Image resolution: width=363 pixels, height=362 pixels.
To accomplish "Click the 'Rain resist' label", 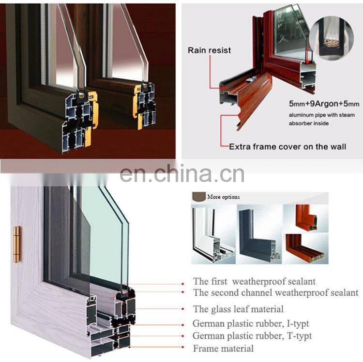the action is click(209, 50).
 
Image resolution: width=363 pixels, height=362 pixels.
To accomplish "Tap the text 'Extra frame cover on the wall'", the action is click(287, 147).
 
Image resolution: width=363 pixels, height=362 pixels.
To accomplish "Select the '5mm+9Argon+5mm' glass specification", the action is click(324, 104).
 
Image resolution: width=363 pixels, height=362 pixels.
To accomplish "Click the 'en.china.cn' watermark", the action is click(182, 174).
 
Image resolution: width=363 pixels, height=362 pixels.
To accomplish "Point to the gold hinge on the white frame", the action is click(16, 245).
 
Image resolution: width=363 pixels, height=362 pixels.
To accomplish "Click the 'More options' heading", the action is click(224, 197).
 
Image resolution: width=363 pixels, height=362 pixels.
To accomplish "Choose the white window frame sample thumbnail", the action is click(213, 234).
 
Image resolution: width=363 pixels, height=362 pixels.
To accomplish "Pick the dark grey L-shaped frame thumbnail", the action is click(259, 234).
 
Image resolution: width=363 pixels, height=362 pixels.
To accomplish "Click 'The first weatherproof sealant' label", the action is click(254, 282).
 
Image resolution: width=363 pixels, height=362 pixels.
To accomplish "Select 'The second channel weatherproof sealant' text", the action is click(276, 293).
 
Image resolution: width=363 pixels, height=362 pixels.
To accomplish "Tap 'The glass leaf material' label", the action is click(238, 309).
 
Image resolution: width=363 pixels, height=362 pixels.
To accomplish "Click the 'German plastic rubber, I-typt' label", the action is click(251, 324).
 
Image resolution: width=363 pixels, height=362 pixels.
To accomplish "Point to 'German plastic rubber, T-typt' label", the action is click(252, 336).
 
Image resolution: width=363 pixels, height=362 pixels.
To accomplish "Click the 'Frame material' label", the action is click(223, 348).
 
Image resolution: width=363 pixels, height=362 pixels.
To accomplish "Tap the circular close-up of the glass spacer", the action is click(332, 38).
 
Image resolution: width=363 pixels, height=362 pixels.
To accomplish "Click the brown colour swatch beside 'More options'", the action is click(199, 196).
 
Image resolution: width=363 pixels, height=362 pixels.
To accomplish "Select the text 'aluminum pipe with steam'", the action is click(322, 115).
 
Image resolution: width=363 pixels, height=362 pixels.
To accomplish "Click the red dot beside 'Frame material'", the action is click(183, 347).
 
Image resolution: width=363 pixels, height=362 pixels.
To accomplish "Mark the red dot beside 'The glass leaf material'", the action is click(183, 309).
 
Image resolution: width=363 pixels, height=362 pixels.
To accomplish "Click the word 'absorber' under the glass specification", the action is click(299, 123).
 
